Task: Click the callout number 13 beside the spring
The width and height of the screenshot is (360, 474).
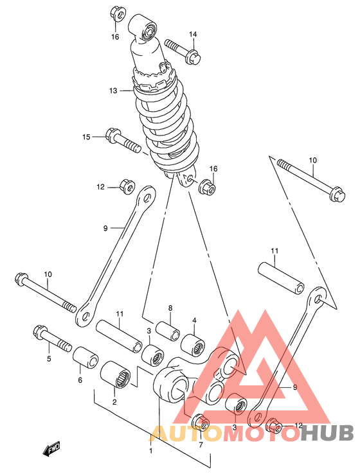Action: tap(113, 91)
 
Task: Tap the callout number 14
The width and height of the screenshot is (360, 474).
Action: tap(193, 34)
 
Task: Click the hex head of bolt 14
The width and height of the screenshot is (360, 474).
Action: tap(194, 57)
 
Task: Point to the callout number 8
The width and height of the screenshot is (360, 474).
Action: tap(170, 308)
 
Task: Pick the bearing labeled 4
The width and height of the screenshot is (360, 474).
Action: tap(193, 344)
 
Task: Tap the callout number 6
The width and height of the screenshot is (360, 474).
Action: tap(80, 380)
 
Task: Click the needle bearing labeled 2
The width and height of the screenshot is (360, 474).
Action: tap(115, 374)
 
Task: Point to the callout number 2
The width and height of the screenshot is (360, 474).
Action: tap(114, 402)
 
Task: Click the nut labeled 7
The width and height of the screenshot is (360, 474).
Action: tap(201, 421)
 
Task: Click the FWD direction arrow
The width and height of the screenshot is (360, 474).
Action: tap(51, 448)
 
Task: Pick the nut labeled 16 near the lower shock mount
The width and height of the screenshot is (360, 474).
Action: tap(206, 187)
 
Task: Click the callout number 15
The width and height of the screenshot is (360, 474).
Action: tap(87, 137)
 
